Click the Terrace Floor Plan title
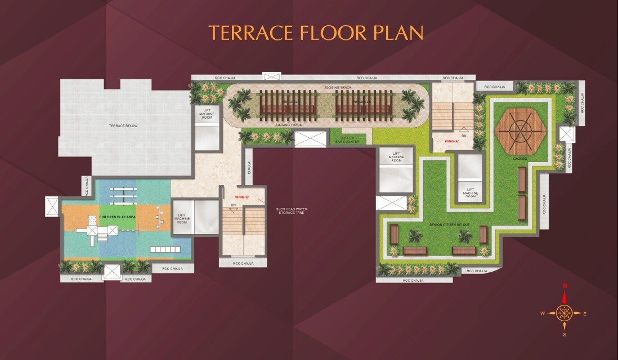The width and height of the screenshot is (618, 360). point(315,32)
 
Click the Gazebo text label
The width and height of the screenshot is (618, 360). point(520,160)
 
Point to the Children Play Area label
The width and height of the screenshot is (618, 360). point(116,216)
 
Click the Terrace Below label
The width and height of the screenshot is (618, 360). point(123,126)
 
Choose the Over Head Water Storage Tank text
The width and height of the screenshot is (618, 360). point(290,211)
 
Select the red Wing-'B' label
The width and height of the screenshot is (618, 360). point(242,197)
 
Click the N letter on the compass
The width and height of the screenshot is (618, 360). point(565,286)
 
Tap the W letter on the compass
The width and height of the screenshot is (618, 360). point(542,313)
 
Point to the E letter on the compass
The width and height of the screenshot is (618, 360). point(585,313)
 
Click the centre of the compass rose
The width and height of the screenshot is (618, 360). point(564,312)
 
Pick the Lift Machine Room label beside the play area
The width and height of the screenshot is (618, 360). point(182,218)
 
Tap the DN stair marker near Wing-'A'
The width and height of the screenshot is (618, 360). point(464,136)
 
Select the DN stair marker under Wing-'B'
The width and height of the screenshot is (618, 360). point(233,205)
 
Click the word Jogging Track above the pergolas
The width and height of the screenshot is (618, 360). point(338,88)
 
